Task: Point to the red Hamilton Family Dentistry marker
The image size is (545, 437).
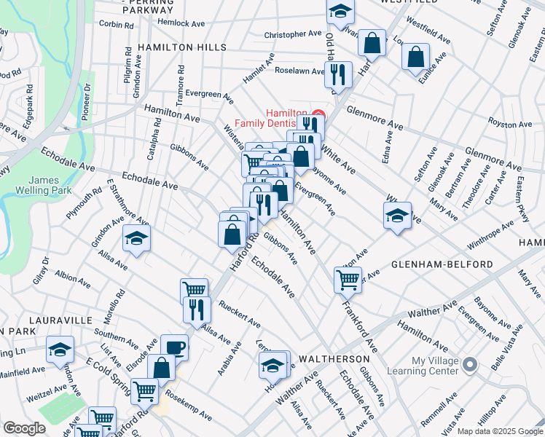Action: pyautogui.click(x=317, y=115)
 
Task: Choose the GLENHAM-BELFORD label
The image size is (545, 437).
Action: pyautogui.click(x=443, y=264)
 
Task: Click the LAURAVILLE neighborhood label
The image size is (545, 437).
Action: pyautogui.click(x=61, y=320)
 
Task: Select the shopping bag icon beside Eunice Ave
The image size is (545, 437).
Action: pyautogui.click(x=415, y=58)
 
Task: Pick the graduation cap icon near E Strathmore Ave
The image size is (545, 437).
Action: pyautogui.click(x=136, y=239)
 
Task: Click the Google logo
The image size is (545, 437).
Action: pyautogui.click(x=25, y=428)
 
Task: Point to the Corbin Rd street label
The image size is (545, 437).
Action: pyautogui.click(x=117, y=24)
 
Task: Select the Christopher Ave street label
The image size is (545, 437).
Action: pyautogui.click(x=292, y=34)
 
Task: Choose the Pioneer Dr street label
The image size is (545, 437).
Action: pyautogui.click(x=87, y=101)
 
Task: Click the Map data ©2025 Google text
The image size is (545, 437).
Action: pyautogui.click(x=499, y=431)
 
